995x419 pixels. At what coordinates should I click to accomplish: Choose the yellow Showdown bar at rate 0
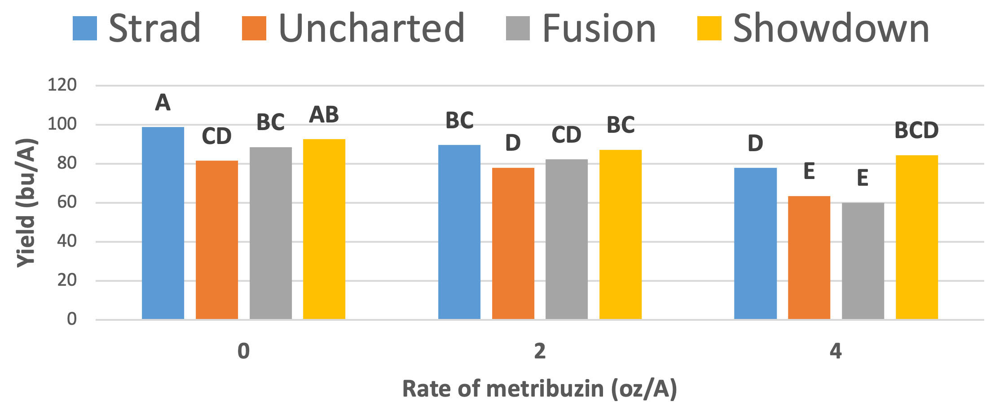[324, 229]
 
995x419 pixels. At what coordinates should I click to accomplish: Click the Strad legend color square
[85, 28]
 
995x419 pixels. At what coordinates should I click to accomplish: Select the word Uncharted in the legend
[371, 28]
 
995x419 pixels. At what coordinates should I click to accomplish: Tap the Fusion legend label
[599, 28]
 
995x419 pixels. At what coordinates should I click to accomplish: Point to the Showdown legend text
[831, 28]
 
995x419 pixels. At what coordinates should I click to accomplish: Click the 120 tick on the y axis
[62, 85]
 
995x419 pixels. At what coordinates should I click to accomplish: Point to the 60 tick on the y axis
[66, 202]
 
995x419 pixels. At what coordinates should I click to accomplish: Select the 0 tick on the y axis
[71, 319]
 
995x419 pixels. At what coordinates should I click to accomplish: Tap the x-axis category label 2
[540, 351]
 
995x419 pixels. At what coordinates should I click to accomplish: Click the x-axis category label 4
[836, 351]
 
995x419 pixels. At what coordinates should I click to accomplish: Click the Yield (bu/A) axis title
[26, 202]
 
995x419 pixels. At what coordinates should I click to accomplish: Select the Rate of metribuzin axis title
[539, 388]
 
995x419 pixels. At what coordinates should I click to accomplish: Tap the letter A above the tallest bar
[163, 103]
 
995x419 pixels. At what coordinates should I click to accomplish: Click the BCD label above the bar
[916, 131]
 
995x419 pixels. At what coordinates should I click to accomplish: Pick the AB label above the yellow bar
[324, 115]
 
